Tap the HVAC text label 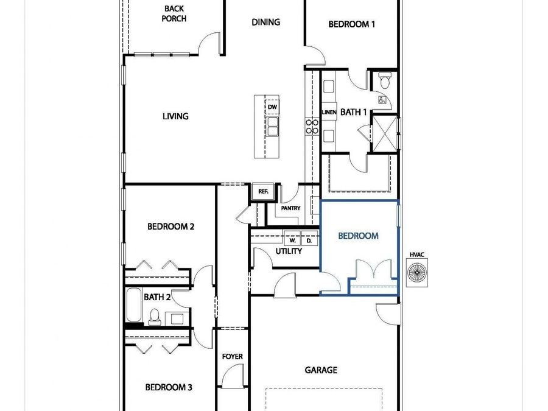[x=417, y=254]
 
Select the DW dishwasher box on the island [x=272, y=107]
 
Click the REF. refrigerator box [x=263, y=191]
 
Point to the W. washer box [x=293, y=241]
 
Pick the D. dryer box [x=309, y=241]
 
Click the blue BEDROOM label [x=358, y=236]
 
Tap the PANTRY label [x=291, y=208]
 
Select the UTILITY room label [x=289, y=251]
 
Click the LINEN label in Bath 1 [x=329, y=113]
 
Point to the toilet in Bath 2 [x=155, y=316]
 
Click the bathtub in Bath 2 [x=133, y=304]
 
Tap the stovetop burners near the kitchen [x=312, y=126]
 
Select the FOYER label [x=232, y=357]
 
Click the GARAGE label [x=321, y=370]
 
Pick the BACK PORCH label [x=174, y=13]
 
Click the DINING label [x=265, y=22]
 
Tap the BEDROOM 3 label [x=169, y=387]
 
